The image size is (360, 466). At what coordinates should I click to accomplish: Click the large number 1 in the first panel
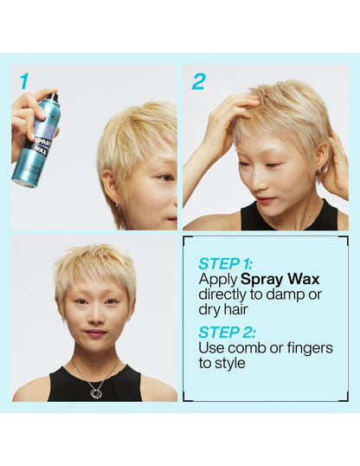pos(23,81)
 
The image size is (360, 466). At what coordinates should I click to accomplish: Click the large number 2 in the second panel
pos(198,81)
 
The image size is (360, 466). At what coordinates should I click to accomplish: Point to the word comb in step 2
pos(250,347)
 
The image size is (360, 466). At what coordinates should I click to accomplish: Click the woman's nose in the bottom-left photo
pos(95,318)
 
